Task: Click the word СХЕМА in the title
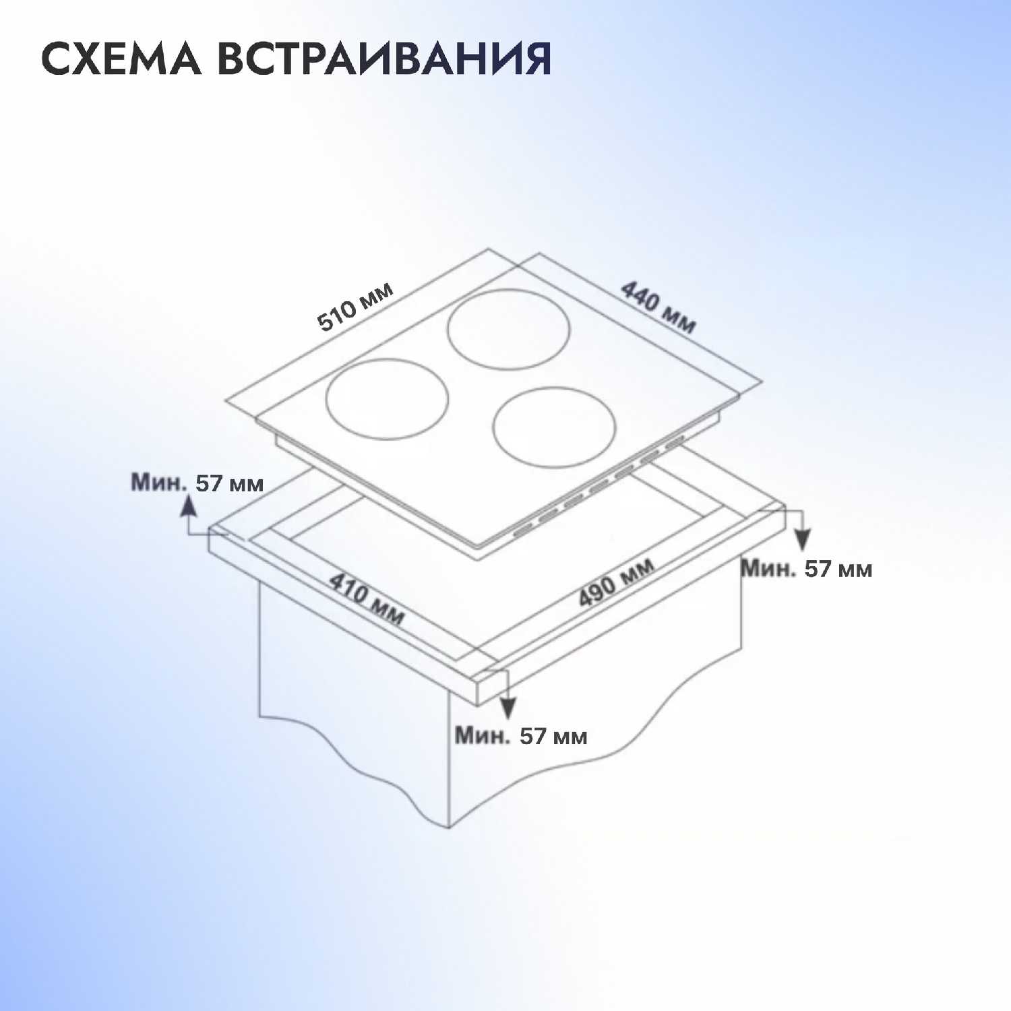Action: click(x=121, y=59)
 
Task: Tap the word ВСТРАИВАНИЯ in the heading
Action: click(x=384, y=59)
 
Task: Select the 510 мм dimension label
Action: click(x=355, y=307)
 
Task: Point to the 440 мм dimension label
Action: click(x=657, y=307)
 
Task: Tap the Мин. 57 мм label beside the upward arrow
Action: click(x=197, y=483)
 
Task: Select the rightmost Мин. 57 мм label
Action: click(x=806, y=568)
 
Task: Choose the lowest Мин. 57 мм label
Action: click(x=520, y=735)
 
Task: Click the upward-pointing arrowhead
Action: click(x=187, y=504)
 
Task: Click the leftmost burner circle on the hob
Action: click(x=387, y=399)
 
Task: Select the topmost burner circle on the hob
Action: click(x=509, y=330)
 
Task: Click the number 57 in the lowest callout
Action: click(x=532, y=735)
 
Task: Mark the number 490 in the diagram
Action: click(x=598, y=591)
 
